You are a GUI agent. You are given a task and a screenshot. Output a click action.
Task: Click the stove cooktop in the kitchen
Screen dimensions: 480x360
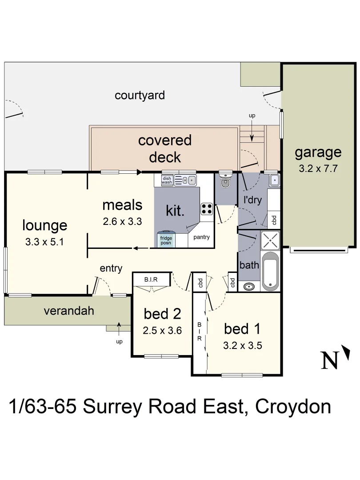pos(207,208)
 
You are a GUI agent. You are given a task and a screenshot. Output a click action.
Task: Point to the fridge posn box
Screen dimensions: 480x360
pos(167,240)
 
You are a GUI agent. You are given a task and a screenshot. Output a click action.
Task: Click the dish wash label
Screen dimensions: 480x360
pos(167,180)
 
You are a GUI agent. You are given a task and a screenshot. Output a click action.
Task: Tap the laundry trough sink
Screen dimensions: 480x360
pos(275,180)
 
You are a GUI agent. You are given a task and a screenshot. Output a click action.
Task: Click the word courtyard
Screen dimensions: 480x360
pos(140,95)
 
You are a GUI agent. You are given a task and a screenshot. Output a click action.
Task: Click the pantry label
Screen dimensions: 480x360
pos(201,237)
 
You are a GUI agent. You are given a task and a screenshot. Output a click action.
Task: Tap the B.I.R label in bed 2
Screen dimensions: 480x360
pos(151,280)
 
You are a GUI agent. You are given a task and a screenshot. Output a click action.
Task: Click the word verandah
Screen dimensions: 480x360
pos(69,311)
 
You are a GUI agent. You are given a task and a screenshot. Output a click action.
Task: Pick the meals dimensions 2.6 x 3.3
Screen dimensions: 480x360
pos(122,221)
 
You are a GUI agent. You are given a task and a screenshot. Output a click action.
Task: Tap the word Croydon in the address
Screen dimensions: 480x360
pos(293,407)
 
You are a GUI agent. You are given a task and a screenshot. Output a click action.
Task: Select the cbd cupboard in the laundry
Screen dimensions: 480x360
pos(274,220)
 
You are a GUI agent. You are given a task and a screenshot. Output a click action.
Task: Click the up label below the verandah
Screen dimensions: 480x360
pos(119,342)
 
